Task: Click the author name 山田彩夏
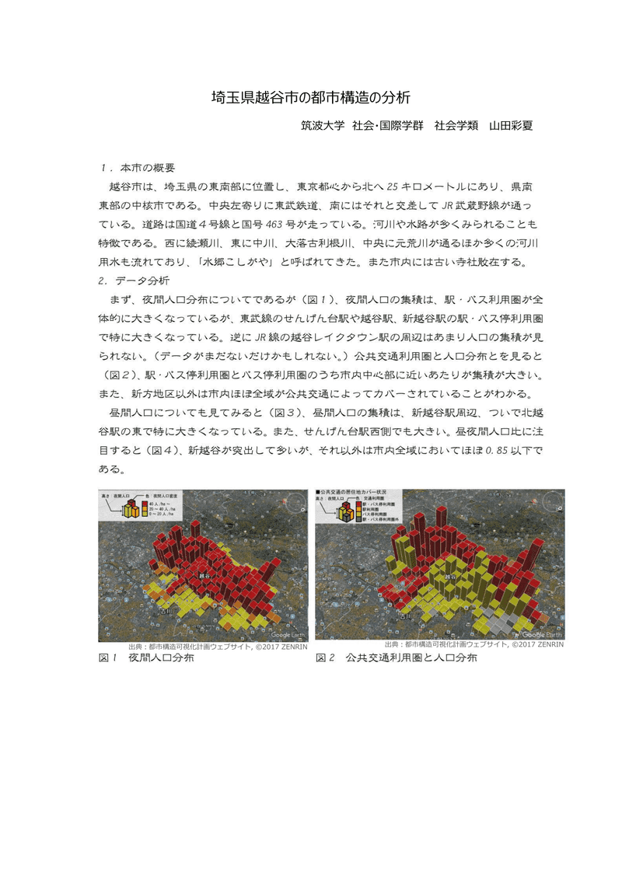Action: click(x=511, y=125)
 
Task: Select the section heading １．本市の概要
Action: click(x=138, y=167)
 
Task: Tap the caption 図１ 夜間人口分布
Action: click(x=146, y=658)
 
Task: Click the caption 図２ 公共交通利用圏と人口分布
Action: click(x=396, y=658)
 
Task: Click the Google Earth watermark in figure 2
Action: click(x=543, y=633)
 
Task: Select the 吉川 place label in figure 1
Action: click(x=166, y=610)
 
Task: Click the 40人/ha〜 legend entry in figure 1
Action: click(x=159, y=504)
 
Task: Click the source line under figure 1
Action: click(x=218, y=646)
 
